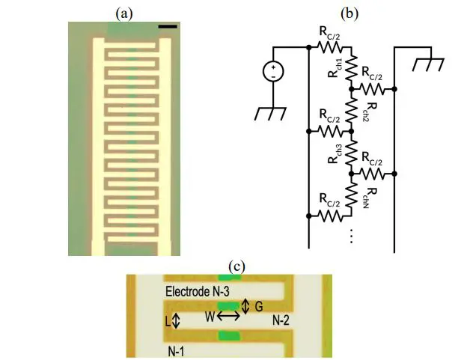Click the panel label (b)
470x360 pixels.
348,13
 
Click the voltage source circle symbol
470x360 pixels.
273,73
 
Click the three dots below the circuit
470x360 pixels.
350,235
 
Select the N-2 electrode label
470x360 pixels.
281,320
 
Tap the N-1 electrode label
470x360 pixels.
178,349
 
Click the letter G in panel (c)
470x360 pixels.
258,306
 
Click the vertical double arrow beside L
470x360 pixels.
176,320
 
